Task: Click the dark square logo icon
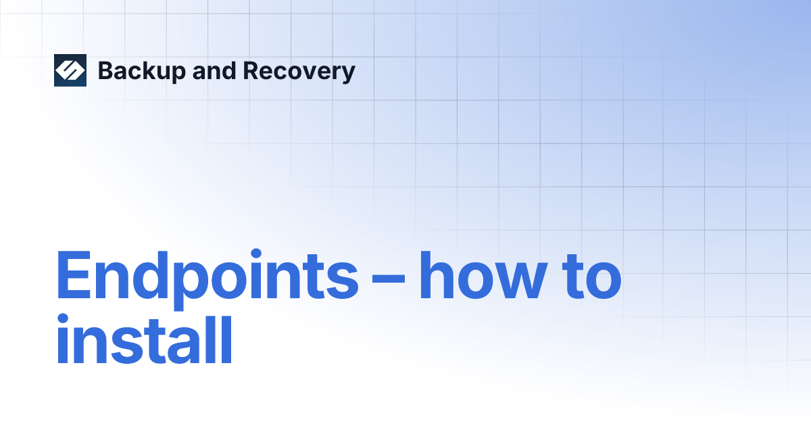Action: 70,70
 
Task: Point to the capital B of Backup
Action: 106,71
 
